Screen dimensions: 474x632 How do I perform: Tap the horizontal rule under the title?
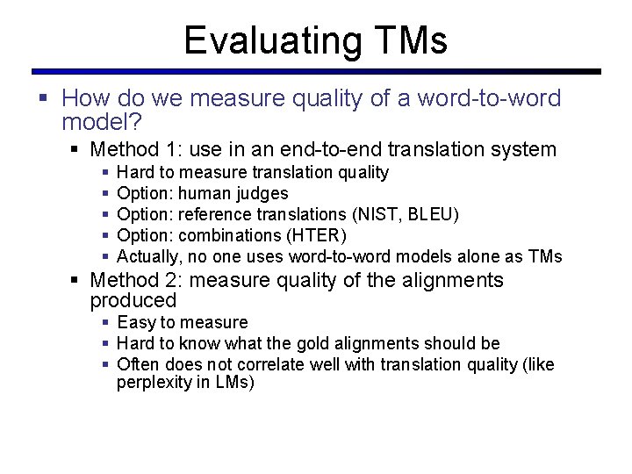(x=316, y=71)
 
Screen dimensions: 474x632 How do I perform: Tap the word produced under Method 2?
(x=133, y=301)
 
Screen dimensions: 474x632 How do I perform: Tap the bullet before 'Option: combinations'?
(x=105, y=235)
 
